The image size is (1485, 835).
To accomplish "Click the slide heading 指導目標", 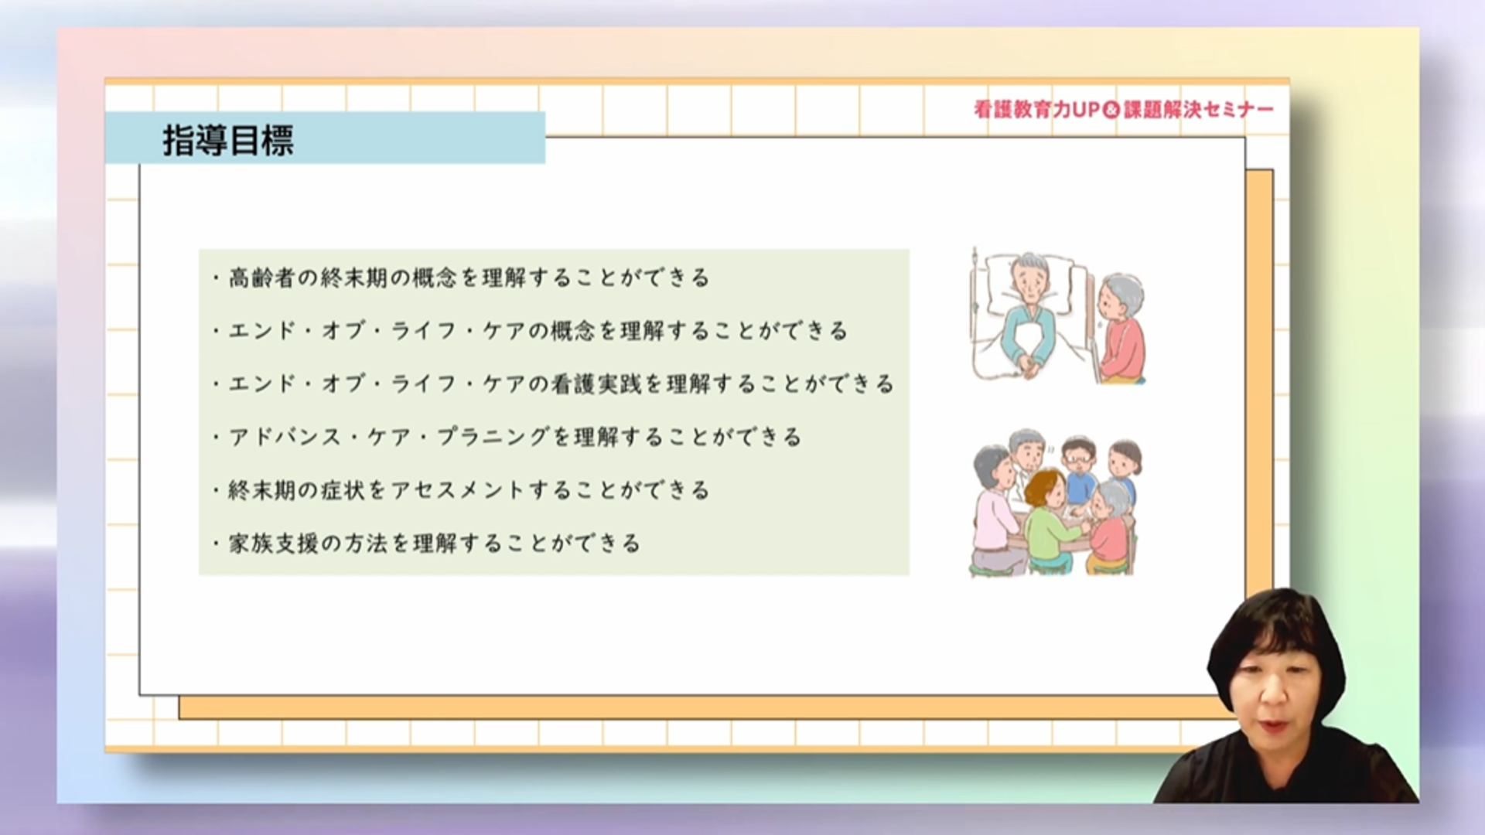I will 228,141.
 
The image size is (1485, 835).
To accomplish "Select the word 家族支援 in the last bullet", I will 274,544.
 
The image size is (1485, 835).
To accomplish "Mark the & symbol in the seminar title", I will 1111,111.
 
